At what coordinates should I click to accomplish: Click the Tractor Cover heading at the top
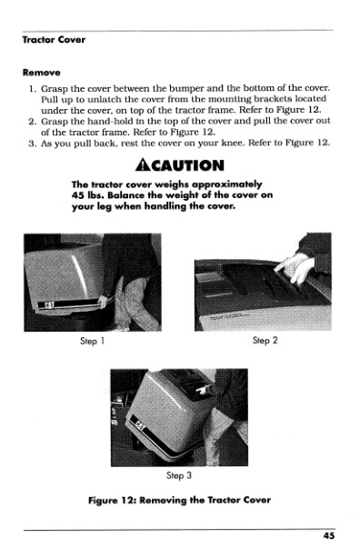pyautogui.click(x=54, y=39)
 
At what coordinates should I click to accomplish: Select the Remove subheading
pyautogui.click(x=41, y=73)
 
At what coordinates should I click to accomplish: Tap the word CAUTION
pyautogui.click(x=187, y=165)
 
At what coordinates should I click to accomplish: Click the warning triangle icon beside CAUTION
pyautogui.click(x=143, y=165)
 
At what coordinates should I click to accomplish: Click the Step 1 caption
pyautogui.click(x=92, y=342)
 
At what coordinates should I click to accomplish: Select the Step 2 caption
pyautogui.click(x=265, y=341)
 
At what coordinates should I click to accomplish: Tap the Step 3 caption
pyautogui.click(x=179, y=475)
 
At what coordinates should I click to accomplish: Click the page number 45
pyautogui.click(x=329, y=535)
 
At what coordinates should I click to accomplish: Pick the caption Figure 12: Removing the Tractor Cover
pyautogui.click(x=179, y=501)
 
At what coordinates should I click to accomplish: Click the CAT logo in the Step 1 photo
pyautogui.click(x=49, y=304)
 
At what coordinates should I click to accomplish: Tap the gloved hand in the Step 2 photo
pyautogui.click(x=295, y=268)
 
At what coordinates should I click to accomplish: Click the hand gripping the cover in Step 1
pyautogui.click(x=103, y=302)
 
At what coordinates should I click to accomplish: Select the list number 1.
pyautogui.click(x=33, y=88)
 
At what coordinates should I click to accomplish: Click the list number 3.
pyautogui.click(x=32, y=144)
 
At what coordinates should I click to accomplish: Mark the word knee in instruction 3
pyautogui.click(x=232, y=143)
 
